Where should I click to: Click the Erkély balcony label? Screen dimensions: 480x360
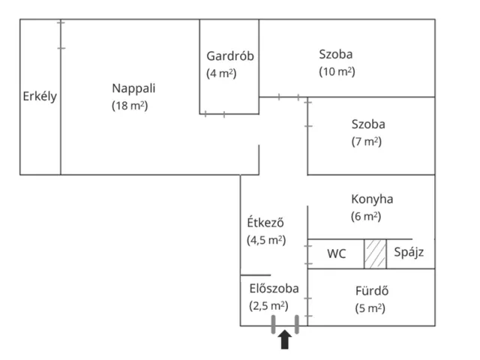click(40, 97)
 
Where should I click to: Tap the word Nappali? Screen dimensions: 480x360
click(133, 88)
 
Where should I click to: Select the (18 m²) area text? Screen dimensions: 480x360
click(130, 106)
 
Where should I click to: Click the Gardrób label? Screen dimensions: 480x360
click(230, 56)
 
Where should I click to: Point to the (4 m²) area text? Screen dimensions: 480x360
click(221, 73)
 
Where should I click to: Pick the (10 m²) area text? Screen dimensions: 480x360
click(337, 72)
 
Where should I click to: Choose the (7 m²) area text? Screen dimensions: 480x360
click(367, 142)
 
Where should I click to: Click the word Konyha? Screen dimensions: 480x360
click(372, 199)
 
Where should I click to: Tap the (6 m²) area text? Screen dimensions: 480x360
click(366, 217)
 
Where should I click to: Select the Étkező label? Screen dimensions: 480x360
click(265, 222)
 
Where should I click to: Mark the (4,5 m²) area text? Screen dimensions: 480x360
click(266, 240)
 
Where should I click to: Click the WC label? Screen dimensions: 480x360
click(337, 253)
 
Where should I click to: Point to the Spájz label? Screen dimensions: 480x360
click(409, 253)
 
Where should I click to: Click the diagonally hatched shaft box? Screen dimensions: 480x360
click(375, 254)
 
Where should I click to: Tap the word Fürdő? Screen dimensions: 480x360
click(372, 290)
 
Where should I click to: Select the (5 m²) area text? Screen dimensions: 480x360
click(370, 308)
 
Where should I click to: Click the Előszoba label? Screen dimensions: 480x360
click(274, 288)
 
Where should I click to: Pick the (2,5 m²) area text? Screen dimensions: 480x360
click(268, 306)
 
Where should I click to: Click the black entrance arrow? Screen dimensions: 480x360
click(285, 340)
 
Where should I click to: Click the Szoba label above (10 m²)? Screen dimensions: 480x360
click(336, 55)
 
